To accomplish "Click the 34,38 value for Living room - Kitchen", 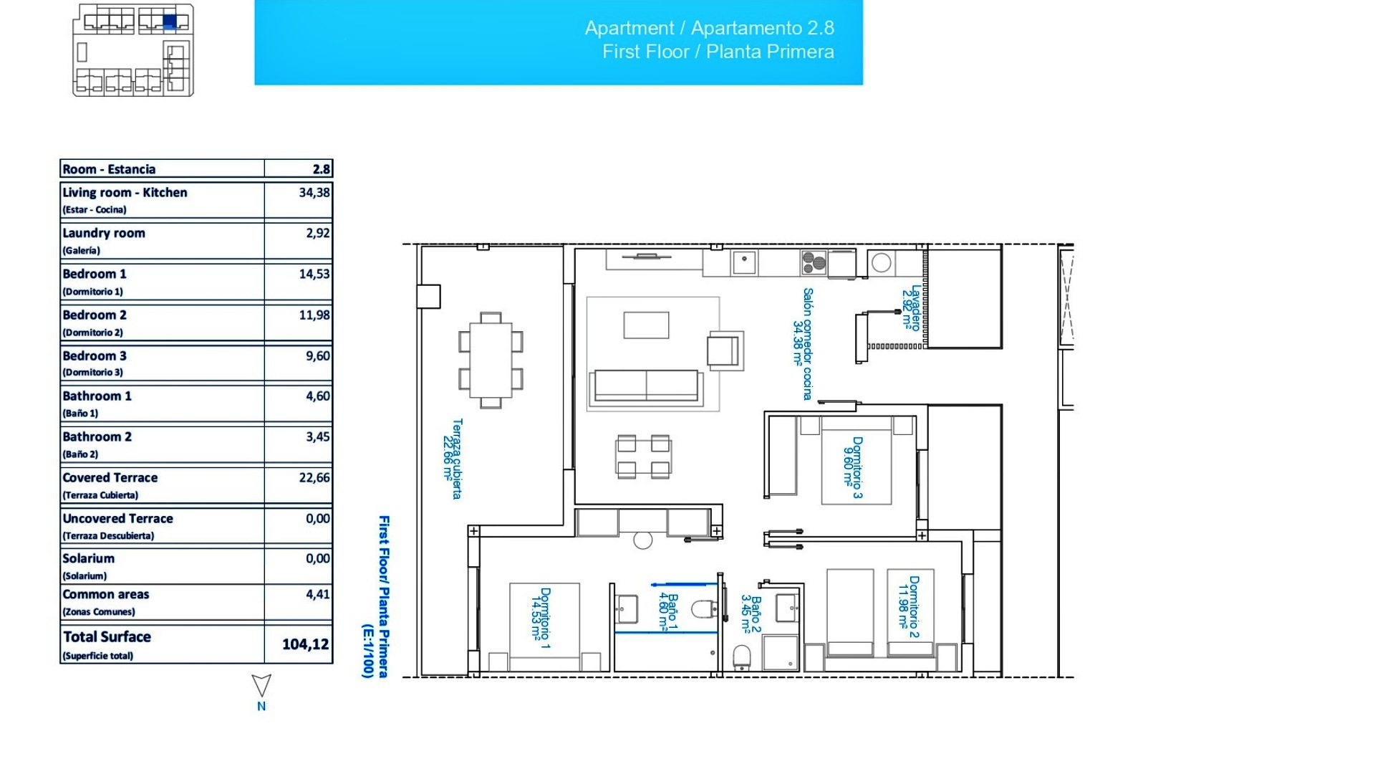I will [314, 192].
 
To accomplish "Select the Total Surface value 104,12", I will [305, 644].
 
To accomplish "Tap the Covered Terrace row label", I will [110, 478].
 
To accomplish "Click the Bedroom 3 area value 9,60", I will [317, 355].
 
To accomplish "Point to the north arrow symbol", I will [261, 685].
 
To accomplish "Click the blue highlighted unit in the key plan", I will [169, 21].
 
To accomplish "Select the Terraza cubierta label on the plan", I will [453, 459].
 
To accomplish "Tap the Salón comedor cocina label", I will [803, 344].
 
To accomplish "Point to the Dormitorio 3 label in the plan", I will [853, 467].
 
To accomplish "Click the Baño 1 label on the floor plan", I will [668, 611].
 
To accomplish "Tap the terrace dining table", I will [491, 360].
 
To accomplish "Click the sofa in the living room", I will [646, 386].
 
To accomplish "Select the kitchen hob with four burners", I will [814, 262].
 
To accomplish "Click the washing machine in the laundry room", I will [882, 262].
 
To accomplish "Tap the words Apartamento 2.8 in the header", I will [762, 28].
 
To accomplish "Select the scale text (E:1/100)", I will [367, 650].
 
